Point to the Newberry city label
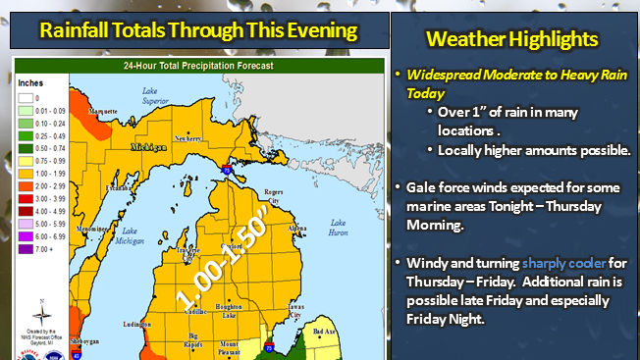click(x=188, y=138)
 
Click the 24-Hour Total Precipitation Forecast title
click(x=197, y=66)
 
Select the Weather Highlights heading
click(x=513, y=39)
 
